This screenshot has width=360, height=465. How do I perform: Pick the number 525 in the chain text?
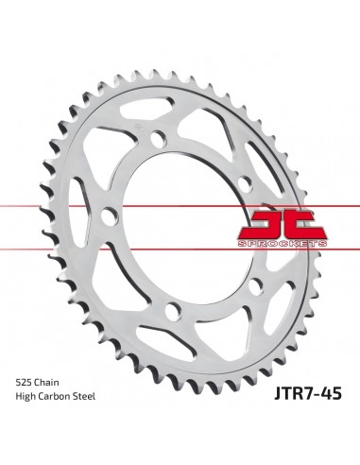coord(26,381)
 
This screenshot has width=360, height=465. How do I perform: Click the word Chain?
coord(52,381)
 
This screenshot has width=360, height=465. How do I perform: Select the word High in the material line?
coord(27,397)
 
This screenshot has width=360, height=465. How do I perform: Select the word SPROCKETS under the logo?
coord(291,243)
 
